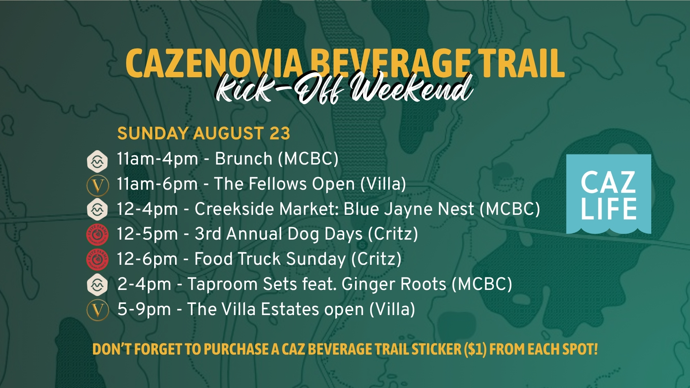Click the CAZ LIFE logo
(x=608, y=194)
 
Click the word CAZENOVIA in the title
(x=214, y=64)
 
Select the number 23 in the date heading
(x=280, y=134)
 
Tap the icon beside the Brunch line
(x=97, y=161)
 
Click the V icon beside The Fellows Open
(x=97, y=185)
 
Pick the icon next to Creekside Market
(x=97, y=209)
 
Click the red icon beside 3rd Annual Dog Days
(x=97, y=234)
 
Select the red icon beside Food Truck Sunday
(x=97, y=259)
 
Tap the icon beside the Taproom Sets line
(x=97, y=285)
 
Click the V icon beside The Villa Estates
(x=97, y=310)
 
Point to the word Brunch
(x=244, y=159)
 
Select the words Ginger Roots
(x=394, y=285)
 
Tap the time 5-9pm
(x=144, y=309)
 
